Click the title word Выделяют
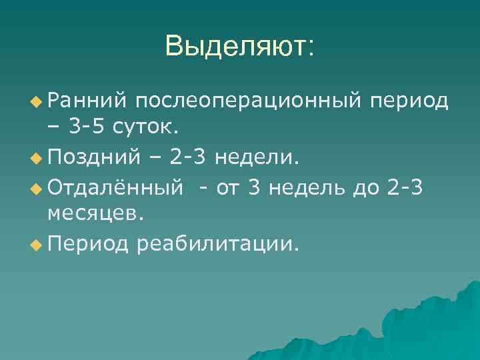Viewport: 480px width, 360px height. (240, 47)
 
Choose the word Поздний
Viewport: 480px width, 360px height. (93, 158)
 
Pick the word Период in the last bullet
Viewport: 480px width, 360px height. (87, 244)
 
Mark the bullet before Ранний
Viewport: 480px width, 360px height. (35, 101)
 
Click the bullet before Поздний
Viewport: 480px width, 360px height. (35, 159)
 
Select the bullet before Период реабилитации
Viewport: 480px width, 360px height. (35, 245)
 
